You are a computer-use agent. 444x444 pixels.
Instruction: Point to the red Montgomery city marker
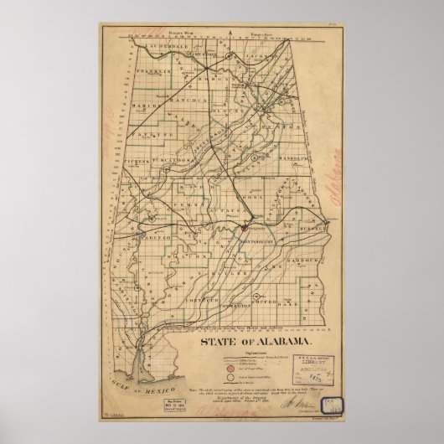pos(243,225)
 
